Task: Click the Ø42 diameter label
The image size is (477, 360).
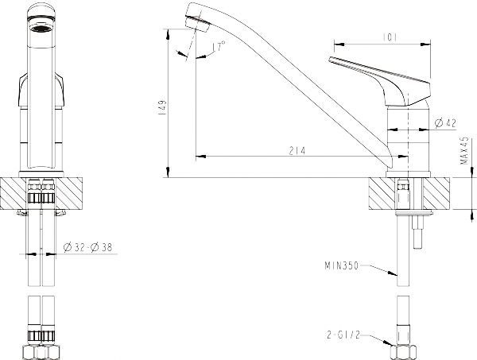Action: (x=445, y=122)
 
